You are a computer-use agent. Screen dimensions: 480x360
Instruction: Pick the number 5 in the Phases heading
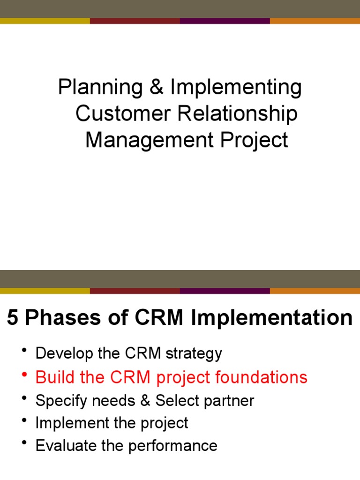[13, 318]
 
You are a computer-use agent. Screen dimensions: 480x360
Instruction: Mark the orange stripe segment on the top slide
[315, 21]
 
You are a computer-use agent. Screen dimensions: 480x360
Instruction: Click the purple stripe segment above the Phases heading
[225, 291]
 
